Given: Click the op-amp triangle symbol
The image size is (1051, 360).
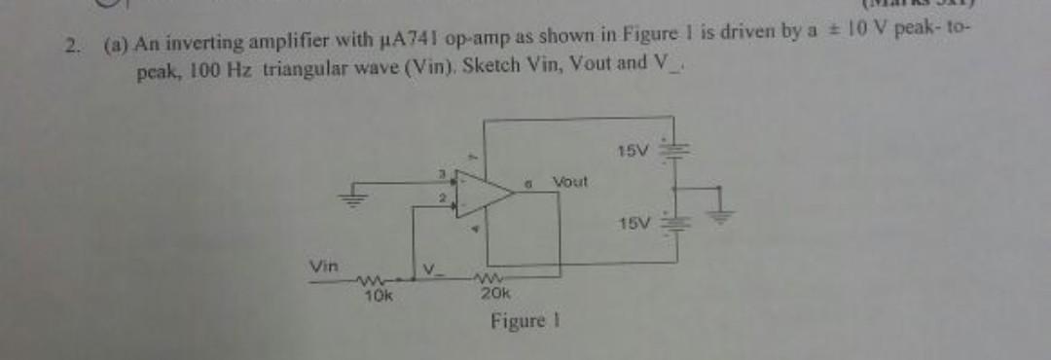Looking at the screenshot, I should (481, 194).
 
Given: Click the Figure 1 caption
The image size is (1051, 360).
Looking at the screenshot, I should (524, 321).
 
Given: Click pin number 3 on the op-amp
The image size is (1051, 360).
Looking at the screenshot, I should (440, 174).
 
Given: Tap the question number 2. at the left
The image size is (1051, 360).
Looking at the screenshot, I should (71, 44).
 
